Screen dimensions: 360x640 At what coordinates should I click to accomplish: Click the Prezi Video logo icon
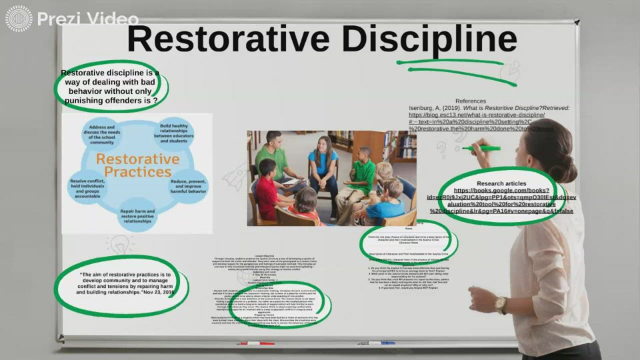18,18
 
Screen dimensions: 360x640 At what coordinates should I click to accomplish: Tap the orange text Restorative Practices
137,165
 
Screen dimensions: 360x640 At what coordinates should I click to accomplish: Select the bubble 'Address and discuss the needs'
102,134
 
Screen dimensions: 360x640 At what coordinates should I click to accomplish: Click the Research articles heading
501,183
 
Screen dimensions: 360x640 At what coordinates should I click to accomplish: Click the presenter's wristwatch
501,304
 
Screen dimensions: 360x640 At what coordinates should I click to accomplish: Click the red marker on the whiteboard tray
257,343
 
